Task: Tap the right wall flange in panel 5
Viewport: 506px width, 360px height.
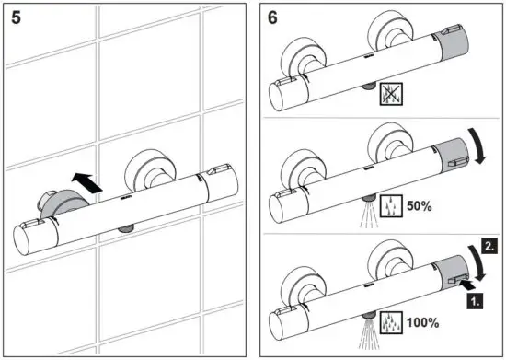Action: pyautogui.click(x=147, y=170)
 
